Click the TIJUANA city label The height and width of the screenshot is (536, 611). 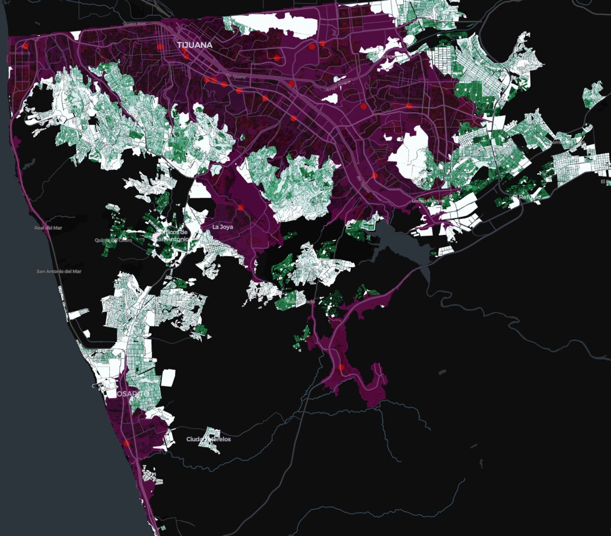point(195,45)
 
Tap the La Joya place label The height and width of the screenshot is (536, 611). point(223,227)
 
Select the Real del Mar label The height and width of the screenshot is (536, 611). point(48,228)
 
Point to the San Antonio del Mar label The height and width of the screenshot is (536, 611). point(59,272)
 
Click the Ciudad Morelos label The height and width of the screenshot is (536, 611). point(208,439)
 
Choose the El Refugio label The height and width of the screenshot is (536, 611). point(524,197)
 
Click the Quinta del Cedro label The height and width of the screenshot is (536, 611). point(113,240)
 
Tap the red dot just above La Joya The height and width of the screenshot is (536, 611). point(240,207)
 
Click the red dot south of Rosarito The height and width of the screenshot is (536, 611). point(126,443)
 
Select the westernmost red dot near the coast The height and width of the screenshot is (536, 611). point(24,46)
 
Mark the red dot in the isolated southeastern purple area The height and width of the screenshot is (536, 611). point(341,367)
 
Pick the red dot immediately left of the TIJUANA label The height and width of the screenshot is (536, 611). point(160,46)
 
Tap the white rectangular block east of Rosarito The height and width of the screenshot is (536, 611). point(169,378)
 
